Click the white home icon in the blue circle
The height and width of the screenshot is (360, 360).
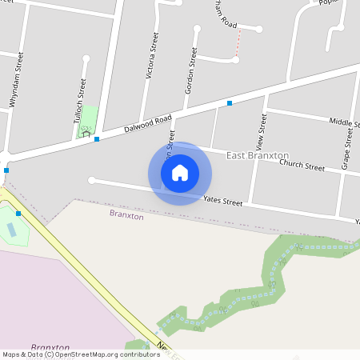180,173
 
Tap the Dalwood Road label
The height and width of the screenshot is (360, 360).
148,124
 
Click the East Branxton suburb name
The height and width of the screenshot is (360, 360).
258,154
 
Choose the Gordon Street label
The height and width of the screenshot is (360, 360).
190,70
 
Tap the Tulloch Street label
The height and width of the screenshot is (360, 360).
81,100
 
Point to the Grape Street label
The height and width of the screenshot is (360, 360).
348,149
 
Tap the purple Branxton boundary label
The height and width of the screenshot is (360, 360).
126,215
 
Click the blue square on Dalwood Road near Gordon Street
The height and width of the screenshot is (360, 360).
230,103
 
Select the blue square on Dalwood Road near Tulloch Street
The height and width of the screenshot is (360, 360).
97,140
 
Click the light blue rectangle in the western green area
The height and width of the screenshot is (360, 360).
10,230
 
